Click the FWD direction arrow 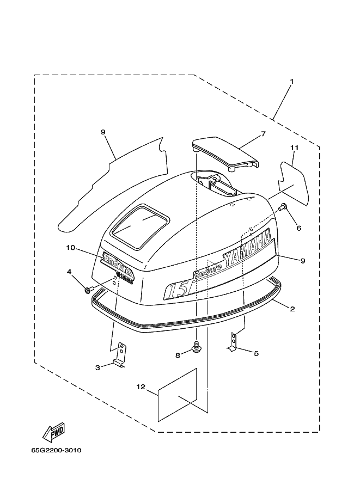coord(54,432)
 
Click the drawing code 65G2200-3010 coord(57,450)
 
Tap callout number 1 coord(292,82)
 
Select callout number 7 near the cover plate coord(263,134)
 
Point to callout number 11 coord(294,148)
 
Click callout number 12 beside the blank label coord(141,386)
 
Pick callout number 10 coord(71,247)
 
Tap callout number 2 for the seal coord(292,309)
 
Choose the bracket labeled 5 coord(233,342)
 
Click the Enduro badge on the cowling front coord(117,263)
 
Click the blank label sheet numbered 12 coord(178,396)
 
